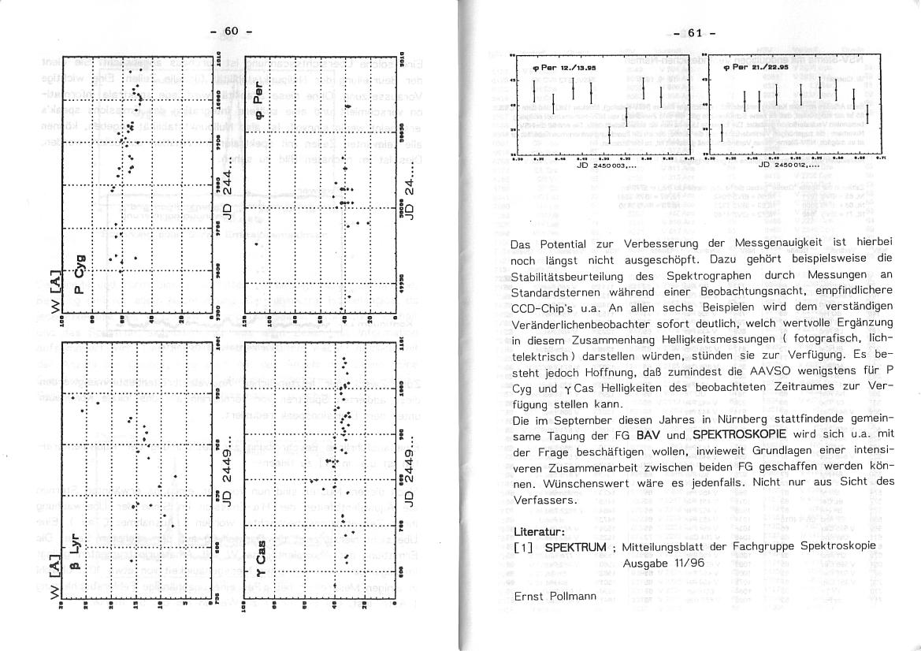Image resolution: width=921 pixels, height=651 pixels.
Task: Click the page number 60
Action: [x=230, y=31]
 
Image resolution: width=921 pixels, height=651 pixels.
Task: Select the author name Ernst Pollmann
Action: [x=555, y=596]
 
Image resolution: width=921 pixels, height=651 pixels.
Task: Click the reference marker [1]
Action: [x=524, y=547]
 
